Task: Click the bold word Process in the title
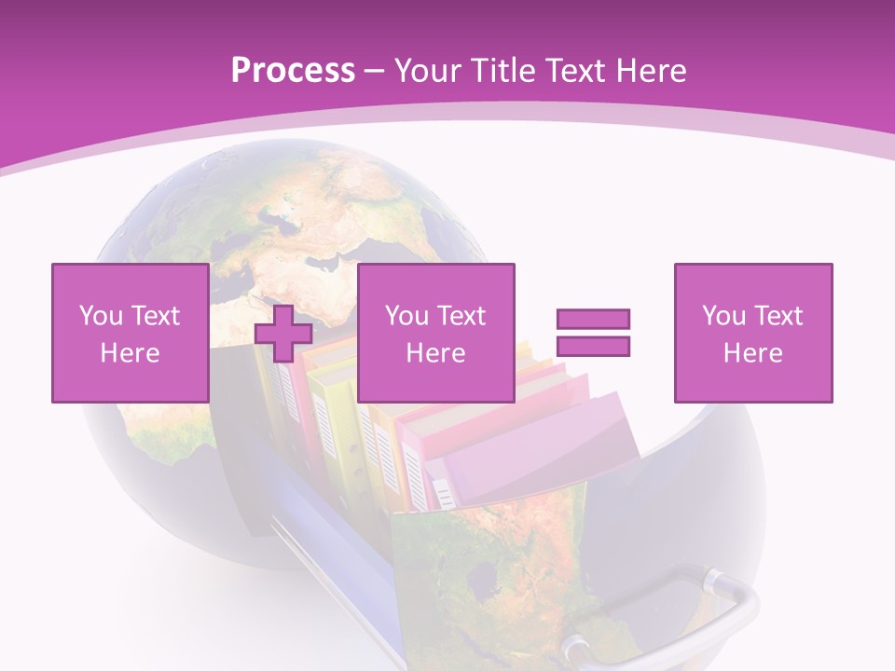pyautogui.click(x=293, y=71)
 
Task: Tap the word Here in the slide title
pyautogui.click(x=652, y=71)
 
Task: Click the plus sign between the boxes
pyautogui.click(x=283, y=333)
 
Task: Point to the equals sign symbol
pyautogui.click(x=593, y=333)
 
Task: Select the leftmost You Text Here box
pyautogui.click(x=130, y=333)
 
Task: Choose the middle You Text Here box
pyautogui.click(x=435, y=333)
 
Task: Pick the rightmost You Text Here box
pyautogui.click(x=752, y=333)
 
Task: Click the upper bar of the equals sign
pyautogui.click(x=593, y=320)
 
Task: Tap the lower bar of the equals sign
pyautogui.click(x=593, y=347)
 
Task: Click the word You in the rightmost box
pyautogui.click(x=723, y=316)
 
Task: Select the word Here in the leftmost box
pyautogui.click(x=130, y=353)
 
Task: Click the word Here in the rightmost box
pyautogui.click(x=752, y=353)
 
